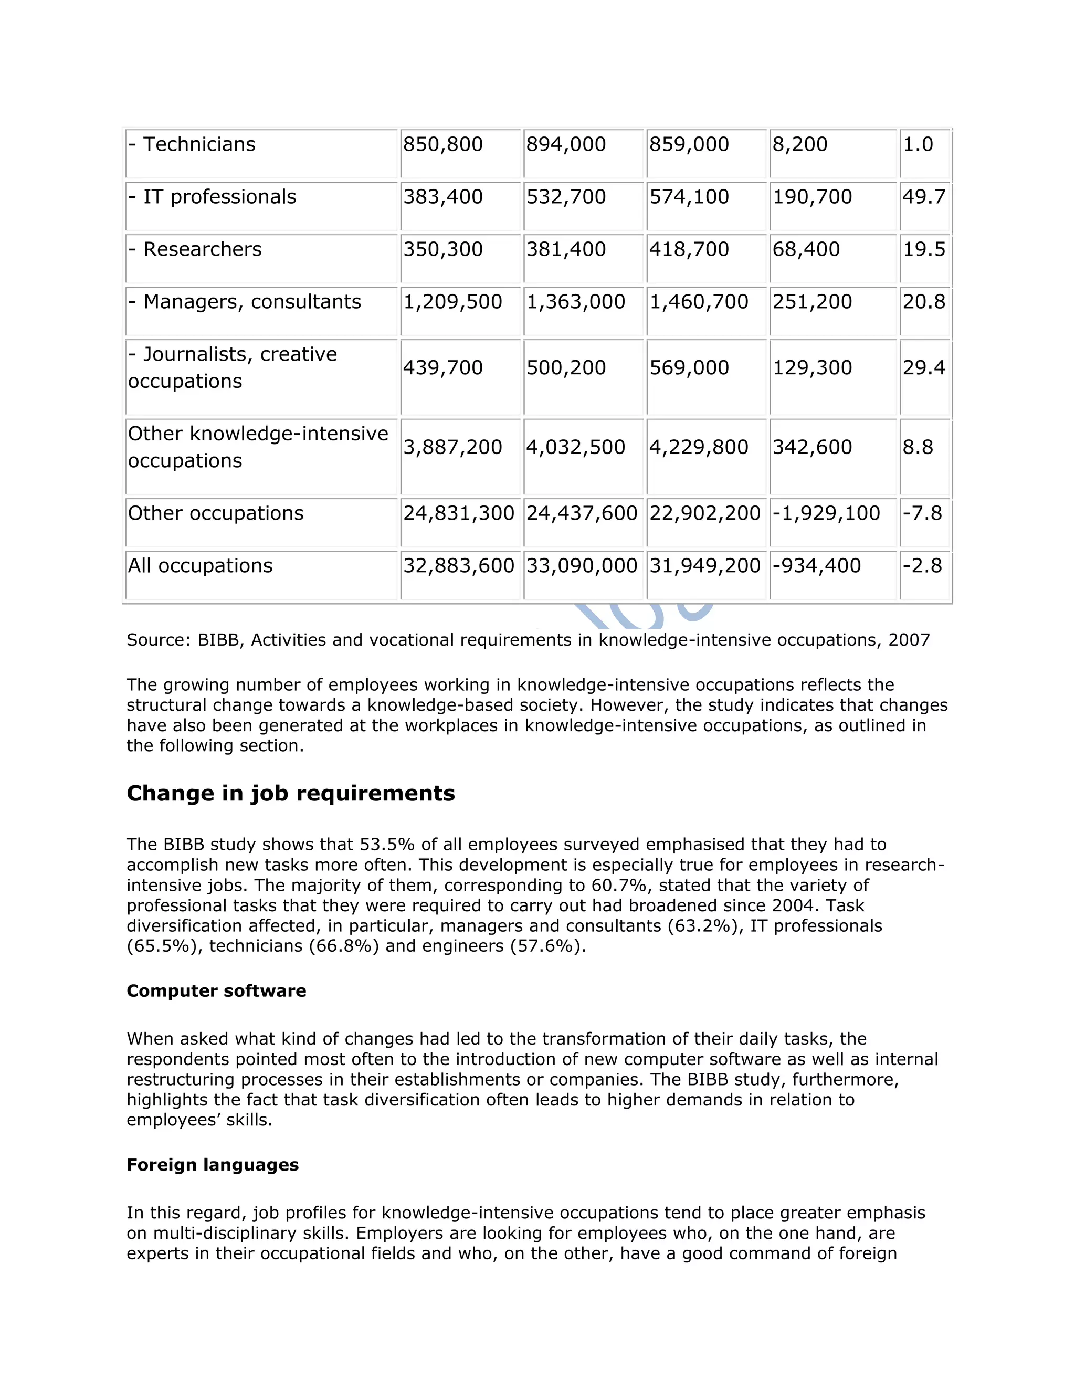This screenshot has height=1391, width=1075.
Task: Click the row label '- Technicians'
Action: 192,144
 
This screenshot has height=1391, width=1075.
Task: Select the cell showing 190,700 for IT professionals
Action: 812,197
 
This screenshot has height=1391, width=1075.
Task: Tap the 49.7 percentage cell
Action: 923,197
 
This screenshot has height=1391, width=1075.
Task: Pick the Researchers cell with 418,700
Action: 689,249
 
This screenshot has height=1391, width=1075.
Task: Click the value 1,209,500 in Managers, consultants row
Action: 452,302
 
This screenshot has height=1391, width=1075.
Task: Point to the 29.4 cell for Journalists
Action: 923,367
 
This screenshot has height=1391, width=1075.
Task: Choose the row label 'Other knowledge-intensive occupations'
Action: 258,447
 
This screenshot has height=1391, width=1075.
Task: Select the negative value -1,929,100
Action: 826,513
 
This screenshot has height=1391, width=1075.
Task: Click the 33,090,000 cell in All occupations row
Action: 582,565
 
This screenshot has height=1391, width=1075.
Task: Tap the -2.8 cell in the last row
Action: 922,565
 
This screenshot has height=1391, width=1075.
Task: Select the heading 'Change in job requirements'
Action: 290,794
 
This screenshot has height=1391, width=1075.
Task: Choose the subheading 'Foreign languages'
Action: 213,1165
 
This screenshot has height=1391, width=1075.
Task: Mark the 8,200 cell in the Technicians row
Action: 800,144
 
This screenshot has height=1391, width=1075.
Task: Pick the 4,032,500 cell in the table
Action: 576,447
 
